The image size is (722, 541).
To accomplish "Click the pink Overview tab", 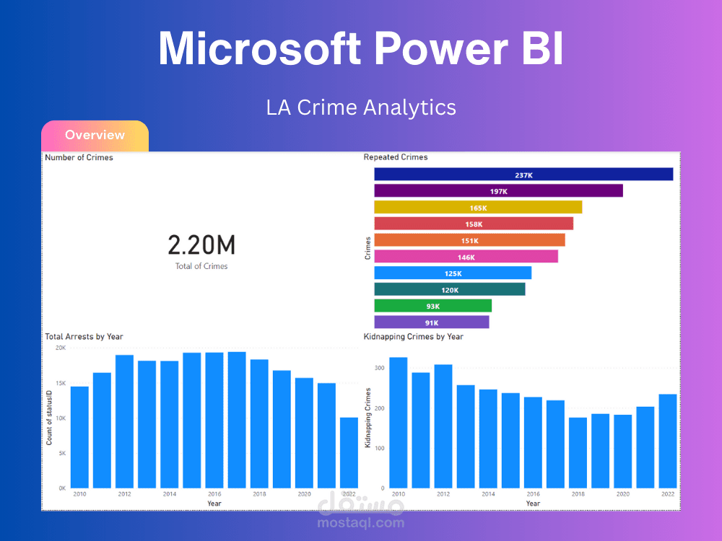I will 95,135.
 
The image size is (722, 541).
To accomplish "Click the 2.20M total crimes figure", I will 201,245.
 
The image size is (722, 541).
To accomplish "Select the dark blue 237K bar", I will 523,175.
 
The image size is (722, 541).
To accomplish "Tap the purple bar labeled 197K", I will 498,191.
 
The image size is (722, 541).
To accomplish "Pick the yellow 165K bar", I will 478,208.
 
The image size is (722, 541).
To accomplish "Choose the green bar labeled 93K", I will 432,306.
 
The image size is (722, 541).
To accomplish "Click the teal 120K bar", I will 450,289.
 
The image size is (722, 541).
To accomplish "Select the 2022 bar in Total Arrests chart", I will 348,453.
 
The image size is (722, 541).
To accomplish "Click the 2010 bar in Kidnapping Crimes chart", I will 399,423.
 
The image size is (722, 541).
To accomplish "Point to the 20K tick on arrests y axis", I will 61,348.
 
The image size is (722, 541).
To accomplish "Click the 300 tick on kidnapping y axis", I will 379,368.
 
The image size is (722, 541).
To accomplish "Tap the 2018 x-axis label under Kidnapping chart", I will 578,494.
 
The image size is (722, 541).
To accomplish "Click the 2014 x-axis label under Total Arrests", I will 169,494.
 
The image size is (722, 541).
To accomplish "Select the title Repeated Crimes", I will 396,157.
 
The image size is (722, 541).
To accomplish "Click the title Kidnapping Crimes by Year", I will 414,337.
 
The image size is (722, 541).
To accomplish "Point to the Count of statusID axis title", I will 50,418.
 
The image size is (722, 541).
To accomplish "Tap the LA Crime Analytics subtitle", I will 361,107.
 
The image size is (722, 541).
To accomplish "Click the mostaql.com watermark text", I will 361,523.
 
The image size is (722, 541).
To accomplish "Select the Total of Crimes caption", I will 201,266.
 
